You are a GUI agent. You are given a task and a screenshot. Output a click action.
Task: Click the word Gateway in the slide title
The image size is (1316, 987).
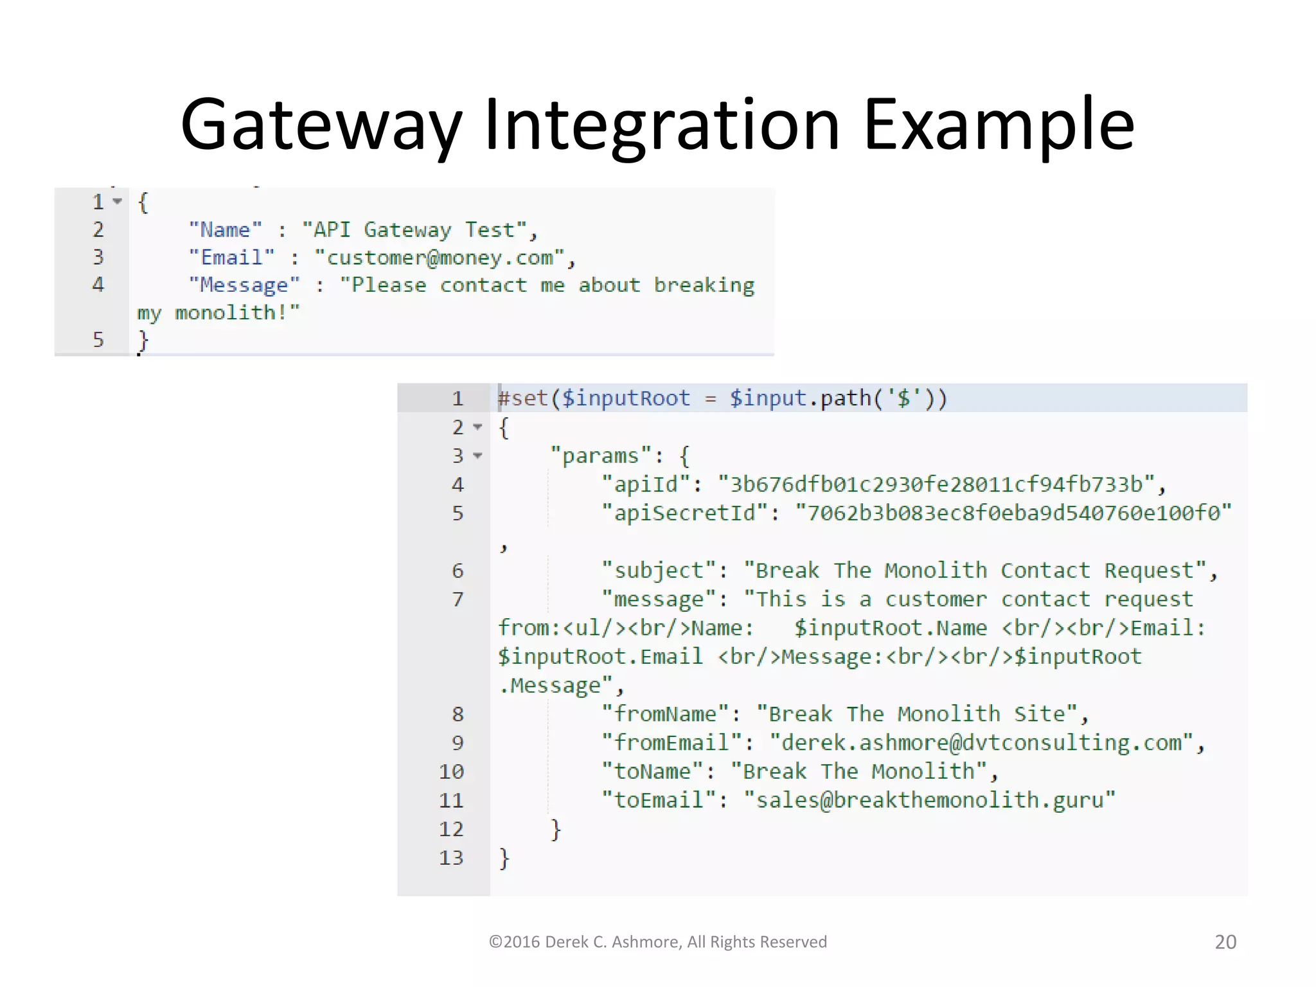321,125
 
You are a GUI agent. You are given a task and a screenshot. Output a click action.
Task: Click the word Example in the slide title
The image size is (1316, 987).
999,125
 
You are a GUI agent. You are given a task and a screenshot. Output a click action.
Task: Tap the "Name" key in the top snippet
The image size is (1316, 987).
225,229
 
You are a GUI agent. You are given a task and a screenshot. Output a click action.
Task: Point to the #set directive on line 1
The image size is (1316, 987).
523,398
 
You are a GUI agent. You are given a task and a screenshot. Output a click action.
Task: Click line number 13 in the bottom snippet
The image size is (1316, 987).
451,857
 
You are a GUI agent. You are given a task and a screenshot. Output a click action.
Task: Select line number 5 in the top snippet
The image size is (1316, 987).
98,339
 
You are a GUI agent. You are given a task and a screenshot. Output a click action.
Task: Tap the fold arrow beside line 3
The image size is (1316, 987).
477,456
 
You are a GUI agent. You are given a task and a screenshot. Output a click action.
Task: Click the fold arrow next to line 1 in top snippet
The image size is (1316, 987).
117,202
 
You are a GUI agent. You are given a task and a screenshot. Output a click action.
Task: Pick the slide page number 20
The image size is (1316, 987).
1225,942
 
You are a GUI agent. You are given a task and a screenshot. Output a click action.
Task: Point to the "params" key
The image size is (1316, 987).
601,456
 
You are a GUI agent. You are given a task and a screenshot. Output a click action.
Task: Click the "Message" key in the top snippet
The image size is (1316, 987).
244,285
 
